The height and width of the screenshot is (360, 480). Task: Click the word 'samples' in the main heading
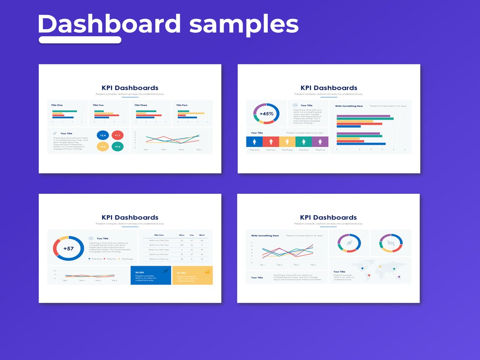pos(244,24)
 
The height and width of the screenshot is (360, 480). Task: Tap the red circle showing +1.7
pos(117,135)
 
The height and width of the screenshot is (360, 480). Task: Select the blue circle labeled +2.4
pos(103,135)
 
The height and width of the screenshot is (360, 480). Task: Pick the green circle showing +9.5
pos(117,147)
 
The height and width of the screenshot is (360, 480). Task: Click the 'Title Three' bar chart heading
pos(141,105)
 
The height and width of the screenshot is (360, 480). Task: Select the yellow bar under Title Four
pos(191,113)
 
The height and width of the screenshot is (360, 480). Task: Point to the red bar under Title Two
pos(107,115)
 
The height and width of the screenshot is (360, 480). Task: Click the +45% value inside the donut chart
pos(266,114)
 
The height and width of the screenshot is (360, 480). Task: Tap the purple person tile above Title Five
pos(320,142)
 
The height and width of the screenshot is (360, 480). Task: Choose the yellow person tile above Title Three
pos(287,142)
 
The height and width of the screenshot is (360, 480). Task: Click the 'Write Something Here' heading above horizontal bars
pos(349,106)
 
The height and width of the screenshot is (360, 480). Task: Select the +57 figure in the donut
pos(68,248)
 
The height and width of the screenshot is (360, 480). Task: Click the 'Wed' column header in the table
pos(202,235)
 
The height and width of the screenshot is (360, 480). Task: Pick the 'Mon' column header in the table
pos(182,235)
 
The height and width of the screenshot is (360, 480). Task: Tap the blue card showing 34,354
pos(151,275)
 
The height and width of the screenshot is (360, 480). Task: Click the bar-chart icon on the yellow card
pos(207,272)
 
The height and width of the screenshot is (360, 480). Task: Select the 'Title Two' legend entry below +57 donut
pos(112,259)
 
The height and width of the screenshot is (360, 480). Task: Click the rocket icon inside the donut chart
pos(349,243)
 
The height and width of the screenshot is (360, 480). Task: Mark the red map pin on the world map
pos(369,275)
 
